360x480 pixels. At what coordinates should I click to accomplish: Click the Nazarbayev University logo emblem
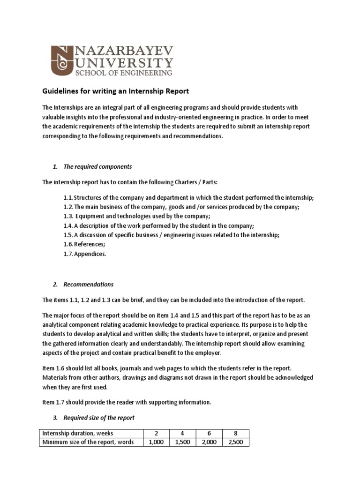[x=62, y=61]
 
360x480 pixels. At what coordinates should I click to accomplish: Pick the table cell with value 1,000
[x=155, y=442]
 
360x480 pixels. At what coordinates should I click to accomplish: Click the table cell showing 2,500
[x=234, y=442]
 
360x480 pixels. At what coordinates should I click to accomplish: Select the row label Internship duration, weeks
[x=77, y=433]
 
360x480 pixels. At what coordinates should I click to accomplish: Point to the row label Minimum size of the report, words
[x=88, y=442]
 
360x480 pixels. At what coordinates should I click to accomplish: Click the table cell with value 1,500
[x=182, y=442]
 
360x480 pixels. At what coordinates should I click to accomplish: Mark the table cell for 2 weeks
[x=155, y=433]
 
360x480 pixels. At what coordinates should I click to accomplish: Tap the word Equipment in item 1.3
[x=90, y=216]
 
